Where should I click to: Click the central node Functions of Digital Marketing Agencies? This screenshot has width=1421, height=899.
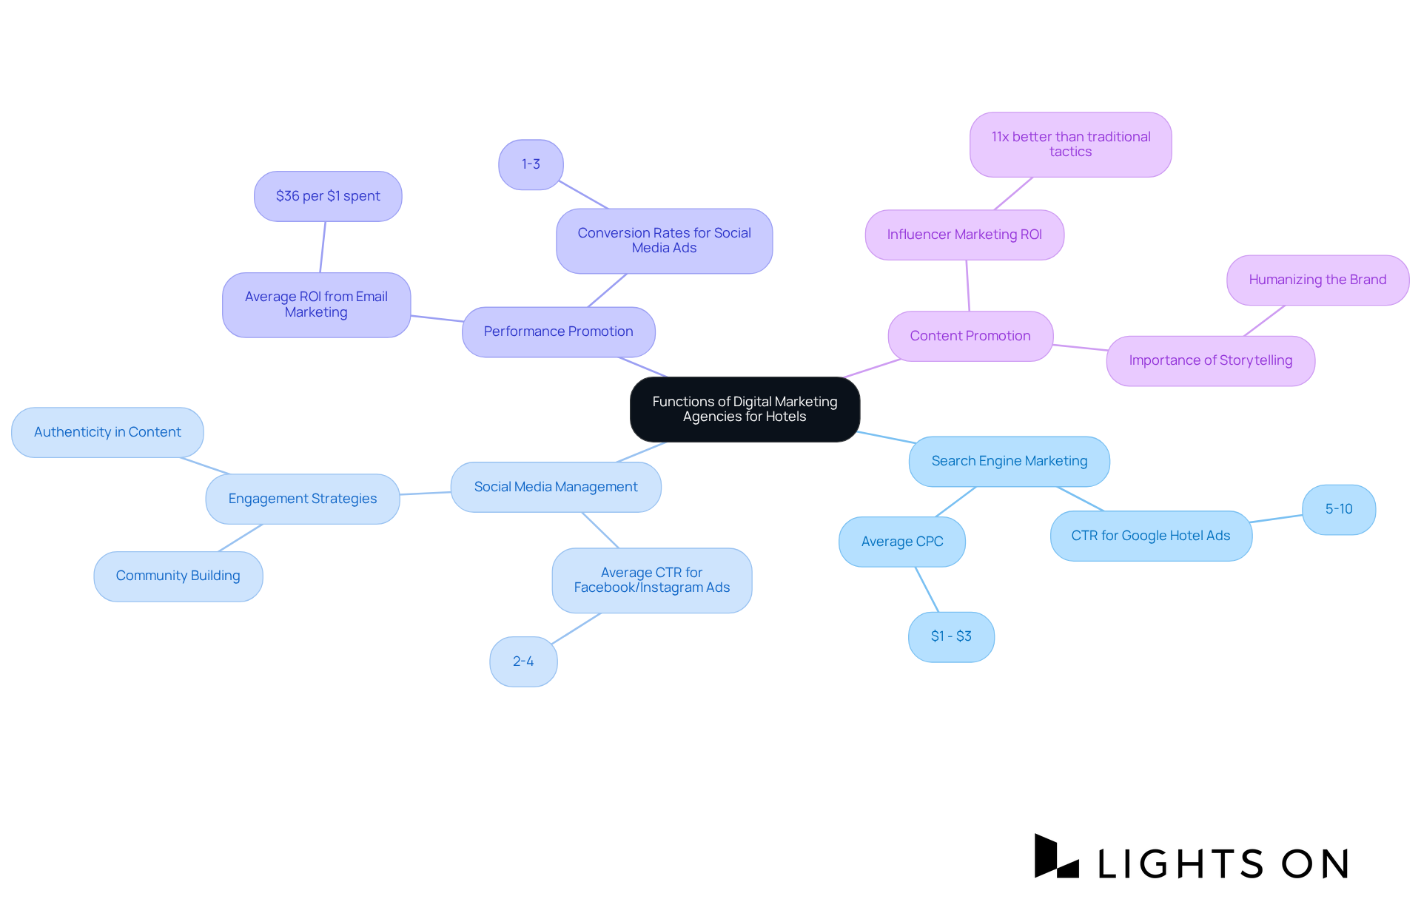745,409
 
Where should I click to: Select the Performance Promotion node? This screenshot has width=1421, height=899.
558,331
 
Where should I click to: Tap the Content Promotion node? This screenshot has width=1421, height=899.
970,336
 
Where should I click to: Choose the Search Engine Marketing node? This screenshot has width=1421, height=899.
1009,461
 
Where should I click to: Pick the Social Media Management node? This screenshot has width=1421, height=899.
555,487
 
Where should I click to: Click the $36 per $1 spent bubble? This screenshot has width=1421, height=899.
328,196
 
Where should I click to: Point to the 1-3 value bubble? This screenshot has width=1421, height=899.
531,164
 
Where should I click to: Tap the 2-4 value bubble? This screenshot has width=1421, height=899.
523,661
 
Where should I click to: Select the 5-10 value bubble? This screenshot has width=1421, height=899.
1338,509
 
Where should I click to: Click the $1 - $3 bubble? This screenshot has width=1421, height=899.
951,636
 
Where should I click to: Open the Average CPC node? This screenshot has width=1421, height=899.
901,542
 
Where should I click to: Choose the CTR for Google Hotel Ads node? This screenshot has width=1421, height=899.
1150,536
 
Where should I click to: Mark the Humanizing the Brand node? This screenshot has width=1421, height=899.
1317,280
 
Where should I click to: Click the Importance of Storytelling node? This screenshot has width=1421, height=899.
1210,360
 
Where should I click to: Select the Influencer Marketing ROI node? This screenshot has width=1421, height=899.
964,235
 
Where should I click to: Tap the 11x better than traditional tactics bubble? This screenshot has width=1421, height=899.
1070,144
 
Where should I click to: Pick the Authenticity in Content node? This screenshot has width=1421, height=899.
107,432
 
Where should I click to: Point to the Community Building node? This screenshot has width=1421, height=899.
178,576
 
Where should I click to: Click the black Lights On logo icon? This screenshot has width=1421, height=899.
1055,857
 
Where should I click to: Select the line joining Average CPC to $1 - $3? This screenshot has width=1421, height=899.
927,589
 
